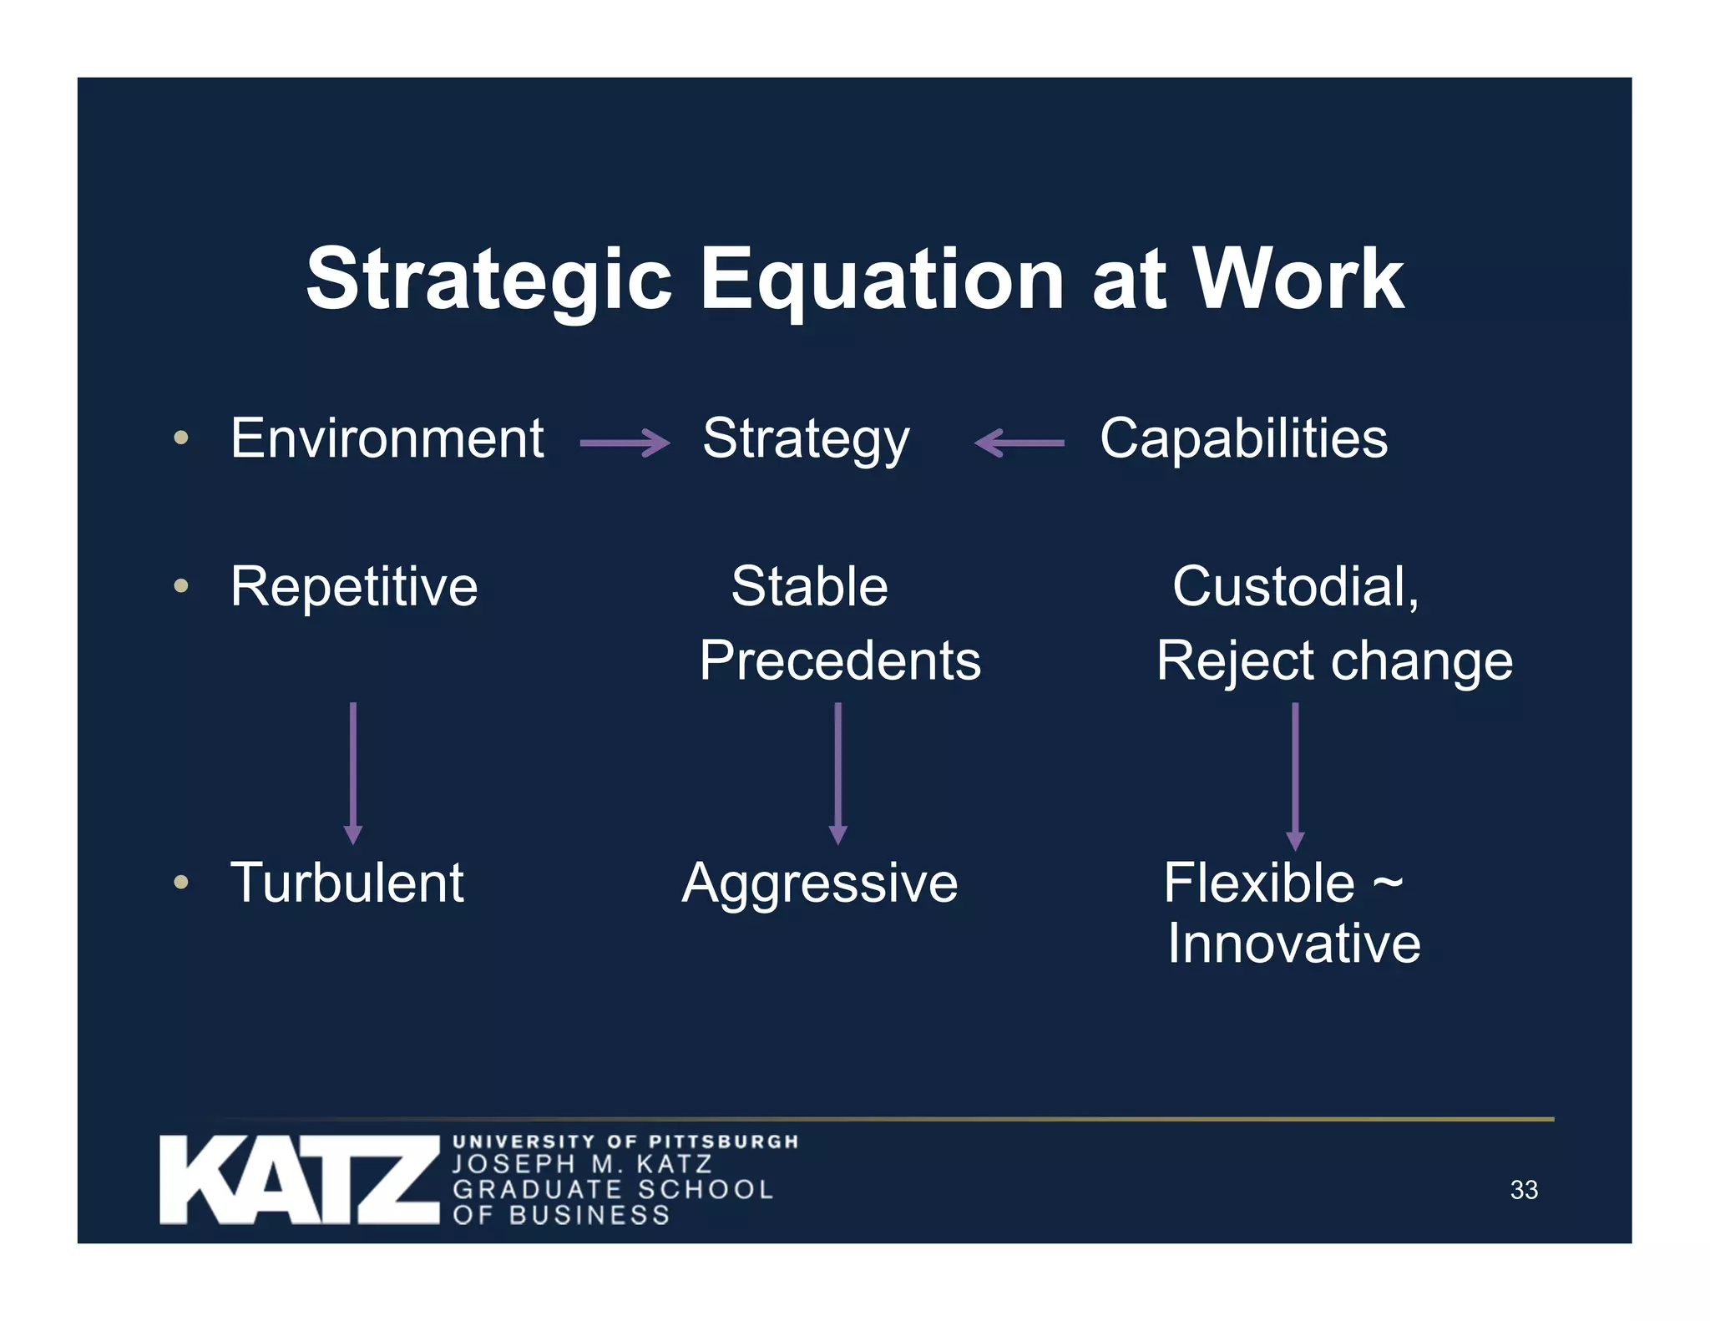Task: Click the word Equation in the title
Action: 881,280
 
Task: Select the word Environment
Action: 387,438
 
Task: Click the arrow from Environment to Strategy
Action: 625,443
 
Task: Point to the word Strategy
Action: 806,440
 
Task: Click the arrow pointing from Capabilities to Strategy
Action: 1019,443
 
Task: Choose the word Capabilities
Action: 1243,438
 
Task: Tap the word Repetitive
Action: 354,586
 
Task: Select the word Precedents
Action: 840,660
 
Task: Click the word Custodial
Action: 1294,586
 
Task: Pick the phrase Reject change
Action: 1334,660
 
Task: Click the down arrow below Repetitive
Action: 353,773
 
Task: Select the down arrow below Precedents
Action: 838,773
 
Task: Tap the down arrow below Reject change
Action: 1295,776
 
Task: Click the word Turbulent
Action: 347,883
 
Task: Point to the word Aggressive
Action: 820,883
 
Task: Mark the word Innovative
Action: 1293,944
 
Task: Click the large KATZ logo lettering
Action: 299,1180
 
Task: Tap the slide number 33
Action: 1524,1190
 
